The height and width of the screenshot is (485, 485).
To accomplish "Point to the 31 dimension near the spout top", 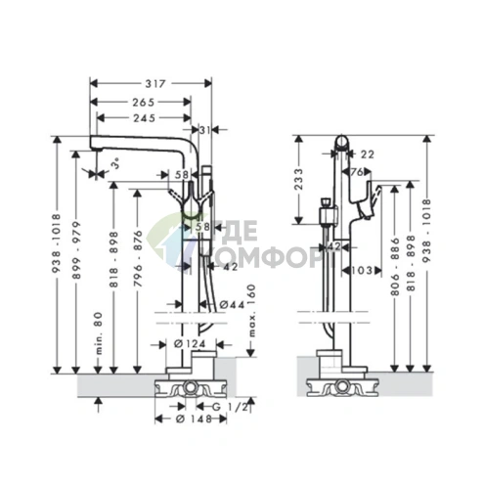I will [203, 131].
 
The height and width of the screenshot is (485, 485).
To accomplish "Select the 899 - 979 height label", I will [79, 267].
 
